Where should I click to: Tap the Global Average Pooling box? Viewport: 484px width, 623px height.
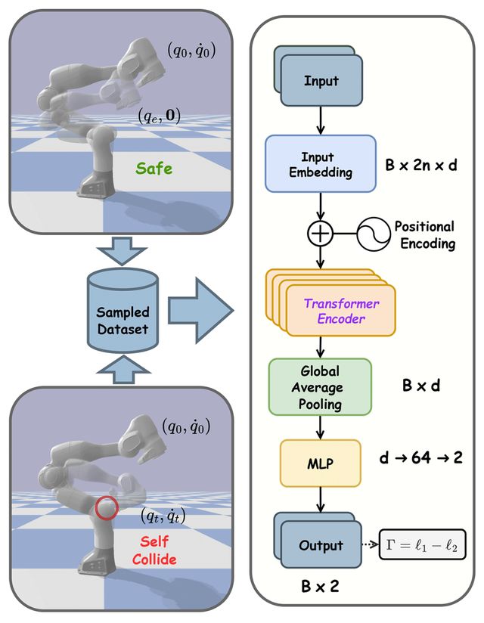319,386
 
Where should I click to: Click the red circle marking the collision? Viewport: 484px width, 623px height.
107,506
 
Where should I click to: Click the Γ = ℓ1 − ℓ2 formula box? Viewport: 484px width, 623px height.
422,544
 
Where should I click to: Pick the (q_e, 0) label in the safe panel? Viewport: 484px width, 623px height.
159,116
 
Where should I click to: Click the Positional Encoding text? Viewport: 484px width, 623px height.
424,234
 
